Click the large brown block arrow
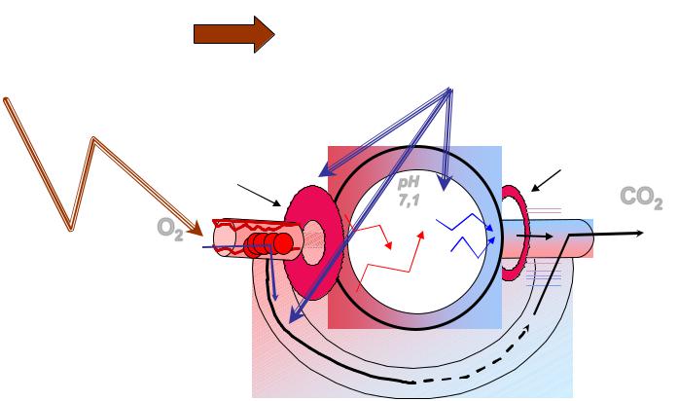(x=233, y=34)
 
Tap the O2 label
(x=170, y=229)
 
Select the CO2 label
(x=641, y=199)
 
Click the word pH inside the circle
(x=409, y=183)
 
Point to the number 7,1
(x=409, y=200)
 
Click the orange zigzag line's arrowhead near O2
(x=196, y=228)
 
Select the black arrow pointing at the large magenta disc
(x=259, y=195)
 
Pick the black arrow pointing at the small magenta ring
(x=546, y=180)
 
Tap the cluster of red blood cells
(x=268, y=244)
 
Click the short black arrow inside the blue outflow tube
(x=534, y=237)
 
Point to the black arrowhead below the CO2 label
(x=639, y=234)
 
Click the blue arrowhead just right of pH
(x=444, y=184)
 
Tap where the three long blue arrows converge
(x=449, y=90)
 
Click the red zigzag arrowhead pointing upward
(x=421, y=235)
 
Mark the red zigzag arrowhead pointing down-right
(x=389, y=245)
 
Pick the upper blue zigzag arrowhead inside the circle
(x=489, y=228)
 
